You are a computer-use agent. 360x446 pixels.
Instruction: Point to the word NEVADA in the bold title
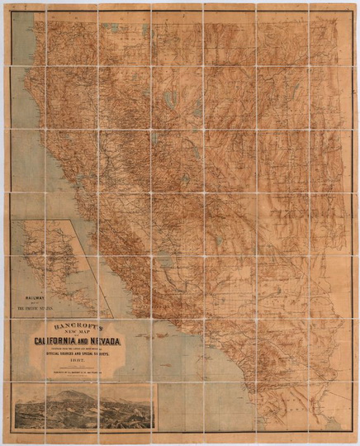coord(115,340)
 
